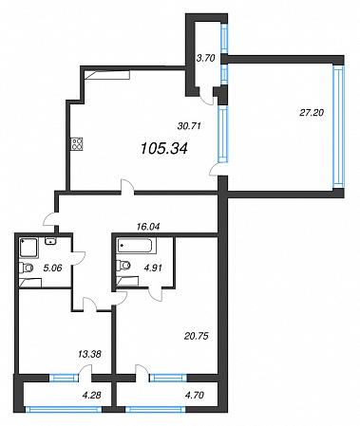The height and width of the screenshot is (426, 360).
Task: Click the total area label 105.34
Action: pos(164,148)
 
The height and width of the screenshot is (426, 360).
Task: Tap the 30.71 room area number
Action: pos(189,126)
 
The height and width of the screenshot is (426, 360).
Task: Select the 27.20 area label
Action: pos(312,112)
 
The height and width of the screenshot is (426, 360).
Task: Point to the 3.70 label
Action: pos(205,58)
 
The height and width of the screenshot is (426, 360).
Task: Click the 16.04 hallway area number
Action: pos(148,227)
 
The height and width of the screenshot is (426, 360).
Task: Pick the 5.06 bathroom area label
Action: pos(53,268)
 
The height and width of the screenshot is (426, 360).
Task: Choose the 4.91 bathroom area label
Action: pos(153,268)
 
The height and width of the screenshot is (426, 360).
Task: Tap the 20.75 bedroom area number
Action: pos(197,336)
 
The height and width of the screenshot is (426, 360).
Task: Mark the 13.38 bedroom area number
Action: pos(89,354)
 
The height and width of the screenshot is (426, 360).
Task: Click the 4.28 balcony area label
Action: pos(92,395)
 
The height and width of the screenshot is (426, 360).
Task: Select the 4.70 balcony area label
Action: pos(195,395)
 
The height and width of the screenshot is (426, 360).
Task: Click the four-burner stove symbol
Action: pos(78,144)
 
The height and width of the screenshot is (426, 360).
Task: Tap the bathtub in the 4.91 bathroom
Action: pos(137,246)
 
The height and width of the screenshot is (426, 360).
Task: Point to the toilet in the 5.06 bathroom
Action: pos(26,269)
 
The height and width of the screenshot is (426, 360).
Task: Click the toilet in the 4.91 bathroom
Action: pos(123,265)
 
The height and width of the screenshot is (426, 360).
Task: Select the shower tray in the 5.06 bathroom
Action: pos(28,249)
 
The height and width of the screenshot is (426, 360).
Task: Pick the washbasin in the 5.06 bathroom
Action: pos(50,241)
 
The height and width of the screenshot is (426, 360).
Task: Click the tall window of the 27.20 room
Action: pos(337,127)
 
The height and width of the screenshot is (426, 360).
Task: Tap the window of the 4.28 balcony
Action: pos(64,410)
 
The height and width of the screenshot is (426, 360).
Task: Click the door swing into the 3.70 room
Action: pos(206,97)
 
